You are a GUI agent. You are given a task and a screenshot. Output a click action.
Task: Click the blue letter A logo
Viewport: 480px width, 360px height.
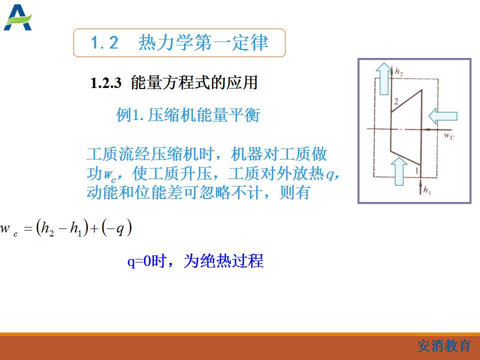[x=17, y=18]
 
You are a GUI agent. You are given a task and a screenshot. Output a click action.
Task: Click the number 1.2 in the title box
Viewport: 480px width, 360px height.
[x=104, y=42]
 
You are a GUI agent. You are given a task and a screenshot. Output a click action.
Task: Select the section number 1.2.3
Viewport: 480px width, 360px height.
[x=106, y=83]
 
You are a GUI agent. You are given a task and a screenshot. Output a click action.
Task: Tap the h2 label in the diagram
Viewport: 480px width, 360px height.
[x=398, y=72]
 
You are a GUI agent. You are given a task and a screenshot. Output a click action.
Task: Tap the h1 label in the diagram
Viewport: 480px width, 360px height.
[x=427, y=190]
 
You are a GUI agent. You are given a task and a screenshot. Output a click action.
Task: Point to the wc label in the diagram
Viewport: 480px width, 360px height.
[x=449, y=135]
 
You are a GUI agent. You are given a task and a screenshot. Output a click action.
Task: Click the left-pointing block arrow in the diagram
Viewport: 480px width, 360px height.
[x=443, y=116]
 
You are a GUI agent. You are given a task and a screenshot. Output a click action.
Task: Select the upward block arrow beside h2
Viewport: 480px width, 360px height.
[x=384, y=78]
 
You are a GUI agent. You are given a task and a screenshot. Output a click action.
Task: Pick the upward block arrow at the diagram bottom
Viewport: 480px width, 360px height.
[x=399, y=171]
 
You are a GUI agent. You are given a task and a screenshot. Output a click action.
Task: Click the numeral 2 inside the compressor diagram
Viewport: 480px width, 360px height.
[x=396, y=101]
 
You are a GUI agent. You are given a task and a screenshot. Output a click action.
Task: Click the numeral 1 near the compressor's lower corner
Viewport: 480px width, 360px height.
[x=416, y=170]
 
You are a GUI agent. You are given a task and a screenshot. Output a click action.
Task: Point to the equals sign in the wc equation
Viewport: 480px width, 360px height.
[x=28, y=228]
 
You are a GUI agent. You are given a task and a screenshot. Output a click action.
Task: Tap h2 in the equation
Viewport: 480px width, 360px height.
[x=47, y=228]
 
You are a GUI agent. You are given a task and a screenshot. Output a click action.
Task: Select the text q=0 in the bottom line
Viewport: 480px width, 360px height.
[x=139, y=261]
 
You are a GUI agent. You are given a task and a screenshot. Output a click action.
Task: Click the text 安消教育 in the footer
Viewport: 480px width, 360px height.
[x=444, y=346]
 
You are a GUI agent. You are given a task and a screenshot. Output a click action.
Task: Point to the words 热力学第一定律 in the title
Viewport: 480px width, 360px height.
[x=203, y=42]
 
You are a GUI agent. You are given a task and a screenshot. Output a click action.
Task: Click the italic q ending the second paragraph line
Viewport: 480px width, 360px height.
[x=330, y=174]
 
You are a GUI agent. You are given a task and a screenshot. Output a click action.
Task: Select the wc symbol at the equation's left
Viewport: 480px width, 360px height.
[x=9, y=229]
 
